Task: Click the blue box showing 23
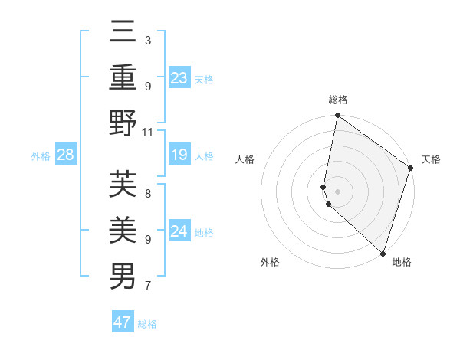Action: [x=179, y=78]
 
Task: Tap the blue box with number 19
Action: [x=179, y=155]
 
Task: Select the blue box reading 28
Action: [x=65, y=155]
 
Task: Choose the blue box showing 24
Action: [x=179, y=231]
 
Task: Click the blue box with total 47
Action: [x=122, y=322]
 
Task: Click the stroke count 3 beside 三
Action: [x=147, y=40]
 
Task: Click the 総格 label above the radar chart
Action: [x=338, y=100]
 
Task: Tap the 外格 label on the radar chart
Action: [x=270, y=263]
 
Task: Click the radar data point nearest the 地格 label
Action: [x=383, y=254]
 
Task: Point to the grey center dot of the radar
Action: [x=338, y=191]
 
